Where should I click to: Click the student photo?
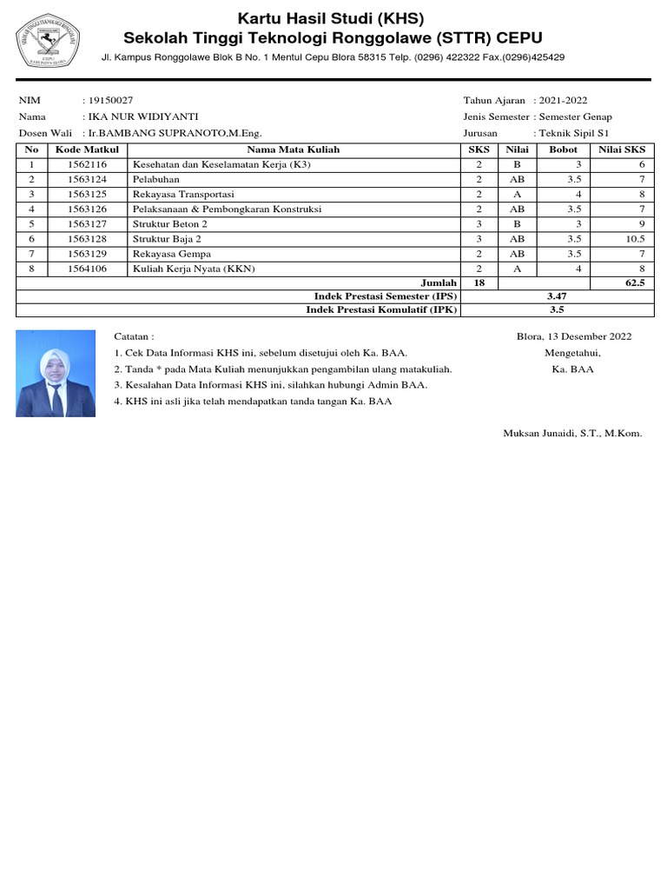click(x=56, y=373)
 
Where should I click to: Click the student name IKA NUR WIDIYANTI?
click(x=136, y=116)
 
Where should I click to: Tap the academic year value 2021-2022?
click(x=564, y=101)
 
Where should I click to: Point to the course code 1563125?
click(x=87, y=194)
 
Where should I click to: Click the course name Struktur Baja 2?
click(x=167, y=238)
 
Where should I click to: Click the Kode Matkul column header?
click(x=87, y=149)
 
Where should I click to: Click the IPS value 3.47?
click(x=557, y=296)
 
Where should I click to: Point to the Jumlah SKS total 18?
click(x=479, y=282)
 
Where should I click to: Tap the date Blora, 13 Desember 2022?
click(x=574, y=336)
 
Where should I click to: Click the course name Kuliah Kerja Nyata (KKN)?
click(x=194, y=269)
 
